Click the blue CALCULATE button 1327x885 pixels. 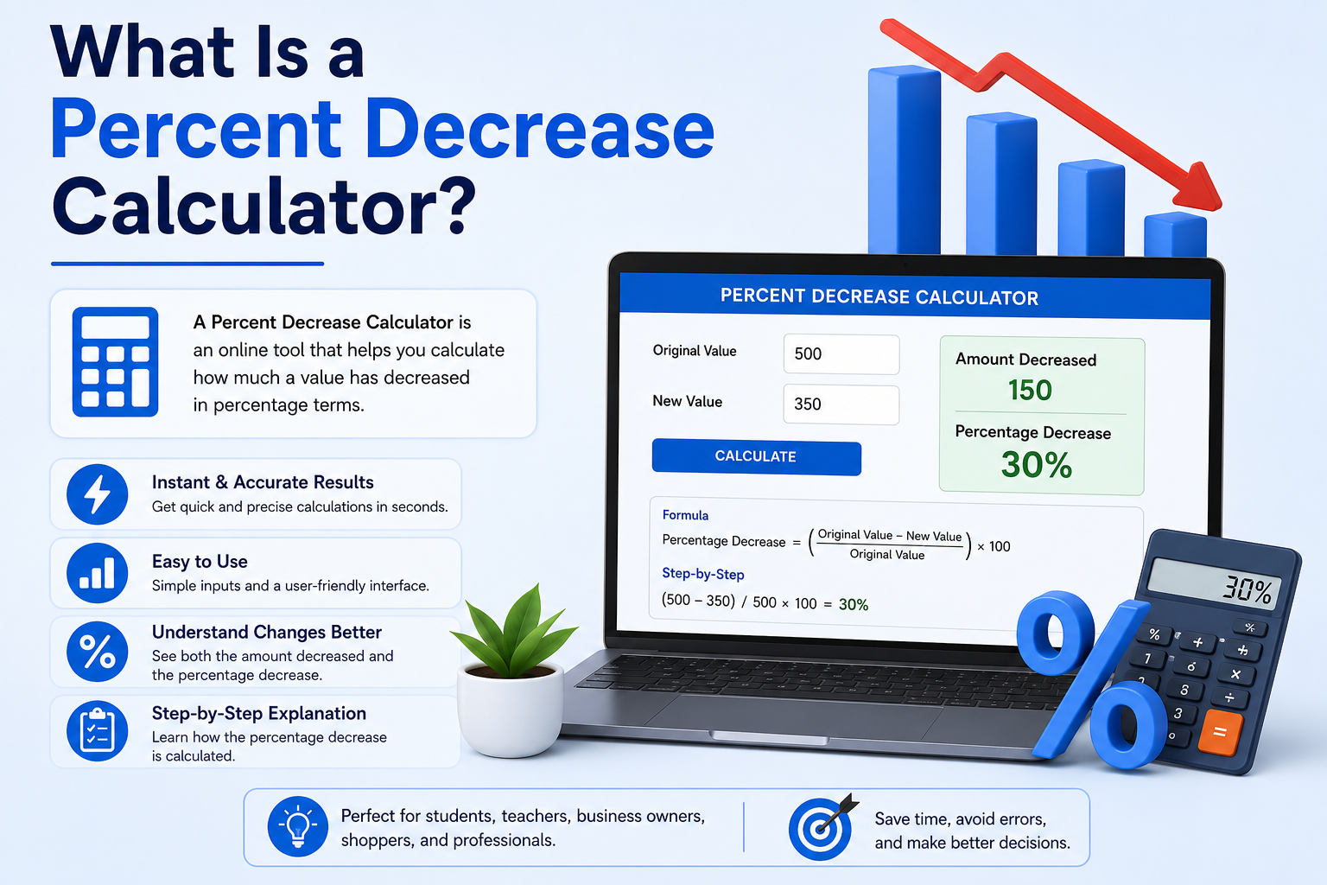(x=757, y=456)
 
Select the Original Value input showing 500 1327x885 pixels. (x=841, y=353)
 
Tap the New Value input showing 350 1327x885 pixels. (x=841, y=404)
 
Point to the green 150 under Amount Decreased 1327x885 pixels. (x=1030, y=390)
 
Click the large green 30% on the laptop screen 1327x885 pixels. (x=1037, y=464)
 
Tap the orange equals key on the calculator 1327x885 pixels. (x=1220, y=733)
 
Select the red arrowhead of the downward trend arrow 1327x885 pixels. (x=1200, y=188)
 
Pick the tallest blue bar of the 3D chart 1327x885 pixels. (x=904, y=160)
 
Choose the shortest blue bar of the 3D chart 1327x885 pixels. (x=1175, y=235)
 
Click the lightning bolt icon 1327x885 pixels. (x=97, y=494)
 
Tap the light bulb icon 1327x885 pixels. (x=298, y=826)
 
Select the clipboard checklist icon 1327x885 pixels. (x=97, y=731)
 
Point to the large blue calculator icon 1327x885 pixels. (x=115, y=361)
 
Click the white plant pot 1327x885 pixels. (x=511, y=710)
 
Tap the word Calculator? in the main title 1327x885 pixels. (x=264, y=207)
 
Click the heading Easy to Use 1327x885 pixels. (x=200, y=562)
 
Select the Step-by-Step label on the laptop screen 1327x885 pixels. (x=703, y=574)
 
